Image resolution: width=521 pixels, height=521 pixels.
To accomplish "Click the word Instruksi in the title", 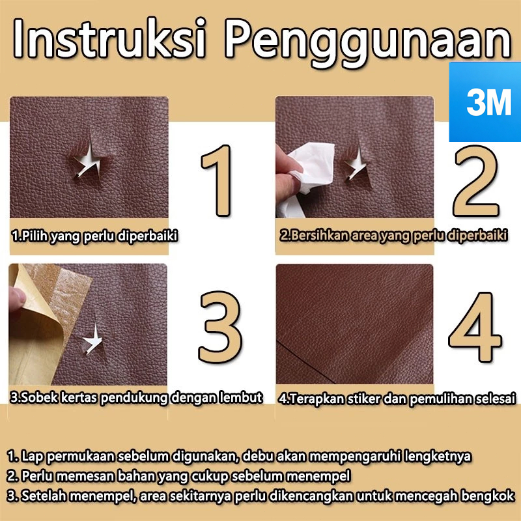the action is (x=109, y=38).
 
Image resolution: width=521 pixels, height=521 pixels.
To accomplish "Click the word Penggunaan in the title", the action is (x=368, y=42).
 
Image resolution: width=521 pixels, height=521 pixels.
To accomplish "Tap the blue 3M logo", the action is (x=485, y=102).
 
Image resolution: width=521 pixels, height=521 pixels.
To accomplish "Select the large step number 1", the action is (x=218, y=181).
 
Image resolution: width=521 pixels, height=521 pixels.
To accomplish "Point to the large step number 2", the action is (x=477, y=182).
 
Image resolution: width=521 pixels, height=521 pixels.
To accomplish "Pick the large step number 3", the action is (x=220, y=327).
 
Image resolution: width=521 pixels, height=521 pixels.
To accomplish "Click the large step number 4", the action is (x=475, y=327).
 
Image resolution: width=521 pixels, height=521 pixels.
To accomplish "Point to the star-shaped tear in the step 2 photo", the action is (x=356, y=163).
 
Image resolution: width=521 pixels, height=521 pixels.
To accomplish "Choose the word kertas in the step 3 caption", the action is (x=79, y=397).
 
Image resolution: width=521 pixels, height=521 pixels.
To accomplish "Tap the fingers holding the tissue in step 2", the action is (x=287, y=173).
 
